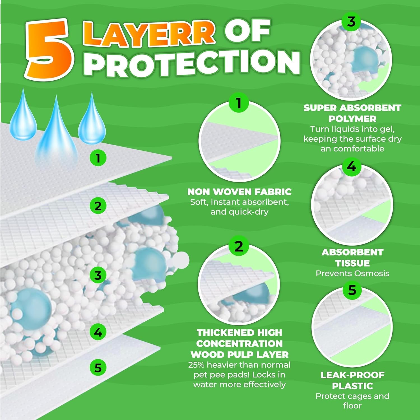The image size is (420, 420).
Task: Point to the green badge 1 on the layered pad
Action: [98, 158]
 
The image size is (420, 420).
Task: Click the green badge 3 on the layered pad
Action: [98, 275]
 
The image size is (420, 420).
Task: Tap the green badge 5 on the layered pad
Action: [98, 367]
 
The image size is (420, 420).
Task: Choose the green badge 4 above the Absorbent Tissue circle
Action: [351, 167]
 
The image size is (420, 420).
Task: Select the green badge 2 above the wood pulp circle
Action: [238, 246]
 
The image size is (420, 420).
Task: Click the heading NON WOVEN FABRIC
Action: [239, 192]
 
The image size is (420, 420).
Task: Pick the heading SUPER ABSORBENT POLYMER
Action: [352, 113]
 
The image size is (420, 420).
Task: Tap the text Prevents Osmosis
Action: [352, 273]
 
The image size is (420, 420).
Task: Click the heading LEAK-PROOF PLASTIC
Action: [352, 380]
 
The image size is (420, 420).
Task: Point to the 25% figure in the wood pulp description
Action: [197, 365]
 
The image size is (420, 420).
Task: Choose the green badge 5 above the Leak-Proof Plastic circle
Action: [352, 290]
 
